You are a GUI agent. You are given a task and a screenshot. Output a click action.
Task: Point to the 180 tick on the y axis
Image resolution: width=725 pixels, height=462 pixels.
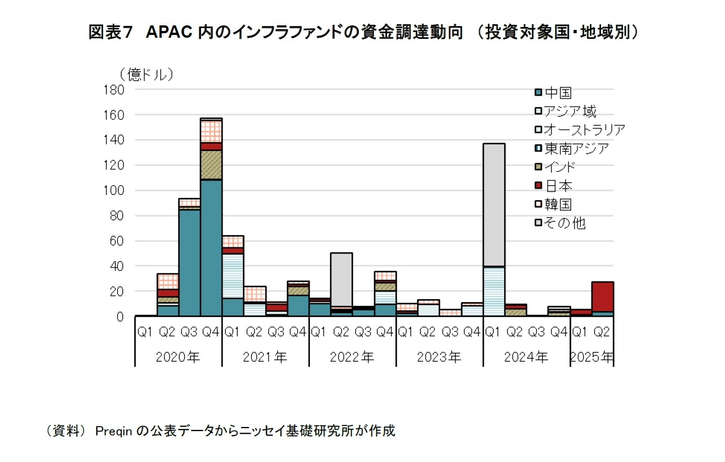(113, 90)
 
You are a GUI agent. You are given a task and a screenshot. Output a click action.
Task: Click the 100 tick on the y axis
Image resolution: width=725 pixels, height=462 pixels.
(113, 190)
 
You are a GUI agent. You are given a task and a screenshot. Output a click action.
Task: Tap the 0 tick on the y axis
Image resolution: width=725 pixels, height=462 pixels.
(120, 317)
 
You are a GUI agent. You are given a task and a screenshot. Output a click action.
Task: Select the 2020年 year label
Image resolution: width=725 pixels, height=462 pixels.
(178, 357)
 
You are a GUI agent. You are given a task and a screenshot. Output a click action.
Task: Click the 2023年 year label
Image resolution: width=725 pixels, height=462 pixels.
(439, 357)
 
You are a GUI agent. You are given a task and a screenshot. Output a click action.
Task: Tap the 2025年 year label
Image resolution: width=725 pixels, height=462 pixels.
(592, 357)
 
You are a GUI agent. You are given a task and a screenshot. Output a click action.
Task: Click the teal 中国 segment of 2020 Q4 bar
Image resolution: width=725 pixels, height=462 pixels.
(211, 248)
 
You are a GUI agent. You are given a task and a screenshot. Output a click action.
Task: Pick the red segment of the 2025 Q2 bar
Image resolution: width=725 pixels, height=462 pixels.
(602, 296)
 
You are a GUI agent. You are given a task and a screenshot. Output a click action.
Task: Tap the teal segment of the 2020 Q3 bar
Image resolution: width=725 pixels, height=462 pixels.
(189, 262)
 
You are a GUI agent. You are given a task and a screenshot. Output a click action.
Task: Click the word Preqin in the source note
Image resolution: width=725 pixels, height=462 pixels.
(114, 431)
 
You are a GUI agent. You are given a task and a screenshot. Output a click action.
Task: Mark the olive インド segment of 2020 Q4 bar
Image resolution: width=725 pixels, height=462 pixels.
(211, 165)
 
